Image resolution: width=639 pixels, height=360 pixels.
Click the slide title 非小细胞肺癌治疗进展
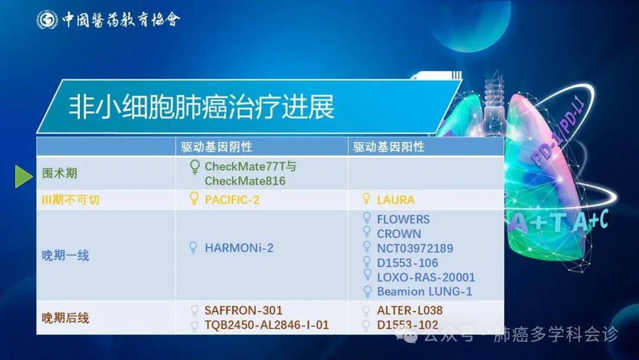(x=201, y=107)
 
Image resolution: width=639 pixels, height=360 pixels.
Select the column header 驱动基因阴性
(x=217, y=147)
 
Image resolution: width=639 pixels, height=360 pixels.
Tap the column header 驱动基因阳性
(x=389, y=147)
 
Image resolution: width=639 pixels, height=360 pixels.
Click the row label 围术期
(x=60, y=173)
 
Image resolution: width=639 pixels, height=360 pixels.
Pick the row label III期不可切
(x=70, y=200)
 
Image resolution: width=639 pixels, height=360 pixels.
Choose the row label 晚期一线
(x=65, y=256)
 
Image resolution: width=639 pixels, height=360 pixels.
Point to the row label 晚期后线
(x=65, y=317)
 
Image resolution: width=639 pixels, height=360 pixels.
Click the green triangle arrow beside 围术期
(x=24, y=176)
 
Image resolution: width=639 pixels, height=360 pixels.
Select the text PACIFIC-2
(x=232, y=200)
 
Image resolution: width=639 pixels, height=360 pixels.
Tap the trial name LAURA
(x=396, y=200)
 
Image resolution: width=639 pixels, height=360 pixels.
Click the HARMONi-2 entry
(x=239, y=248)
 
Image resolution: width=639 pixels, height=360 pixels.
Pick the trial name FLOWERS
(x=404, y=219)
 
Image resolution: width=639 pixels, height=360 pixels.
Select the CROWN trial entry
(x=399, y=234)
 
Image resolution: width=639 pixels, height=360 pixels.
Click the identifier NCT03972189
(x=415, y=248)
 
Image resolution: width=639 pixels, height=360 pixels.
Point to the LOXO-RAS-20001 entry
(x=426, y=277)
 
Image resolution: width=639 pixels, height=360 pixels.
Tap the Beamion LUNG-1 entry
(x=424, y=291)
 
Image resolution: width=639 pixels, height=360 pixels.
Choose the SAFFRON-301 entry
(x=243, y=310)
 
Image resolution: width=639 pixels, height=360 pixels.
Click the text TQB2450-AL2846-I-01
(x=266, y=325)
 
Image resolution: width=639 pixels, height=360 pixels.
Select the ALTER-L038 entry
(x=409, y=310)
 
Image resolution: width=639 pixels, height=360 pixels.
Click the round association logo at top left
(x=47, y=20)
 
